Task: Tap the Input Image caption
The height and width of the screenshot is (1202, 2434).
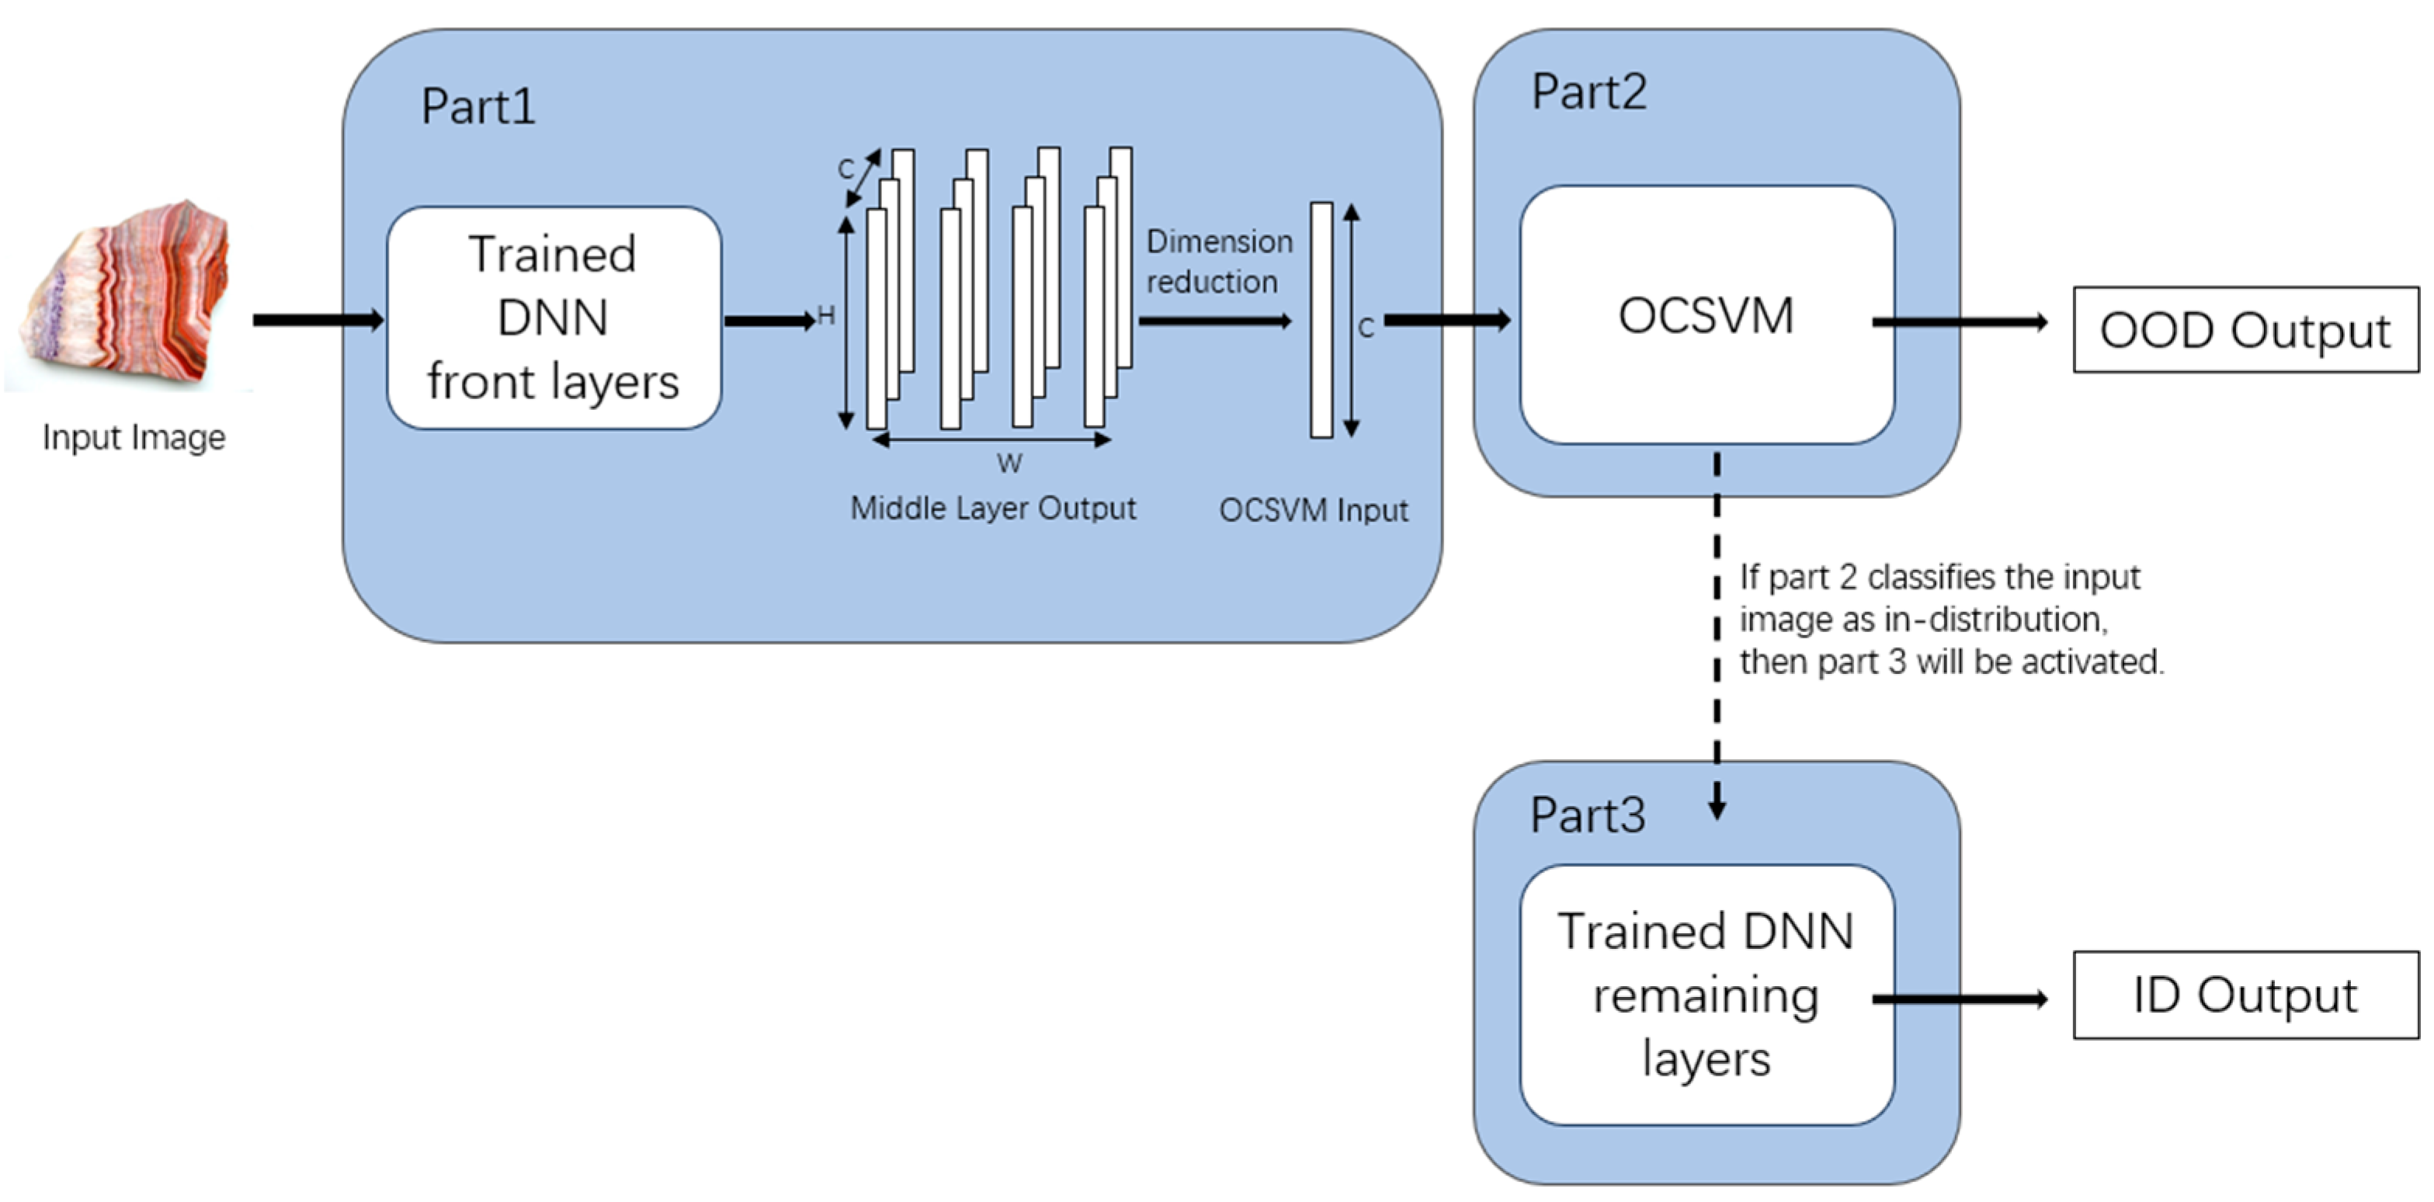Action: [134, 437]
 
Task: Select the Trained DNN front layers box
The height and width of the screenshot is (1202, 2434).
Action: [554, 318]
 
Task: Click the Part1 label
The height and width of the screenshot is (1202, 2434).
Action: [478, 106]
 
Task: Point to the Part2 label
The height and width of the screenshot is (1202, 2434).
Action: [1589, 92]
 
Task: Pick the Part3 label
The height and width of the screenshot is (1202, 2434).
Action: [1588, 815]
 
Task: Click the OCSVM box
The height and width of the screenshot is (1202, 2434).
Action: [1707, 315]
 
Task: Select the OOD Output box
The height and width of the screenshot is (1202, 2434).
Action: [2245, 330]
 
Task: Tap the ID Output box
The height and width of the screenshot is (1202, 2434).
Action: [2245, 995]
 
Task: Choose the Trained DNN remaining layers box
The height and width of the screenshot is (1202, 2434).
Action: [1707, 994]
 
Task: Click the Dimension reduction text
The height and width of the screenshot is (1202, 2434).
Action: [1217, 262]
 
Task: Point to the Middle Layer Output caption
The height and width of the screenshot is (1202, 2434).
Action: [992, 509]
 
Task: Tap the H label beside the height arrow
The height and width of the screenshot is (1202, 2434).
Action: [826, 315]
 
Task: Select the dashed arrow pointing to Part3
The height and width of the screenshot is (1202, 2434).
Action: [1717, 633]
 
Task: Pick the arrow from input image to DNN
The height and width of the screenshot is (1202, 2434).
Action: [318, 321]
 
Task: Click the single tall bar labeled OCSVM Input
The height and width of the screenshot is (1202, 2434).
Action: [1321, 321]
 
